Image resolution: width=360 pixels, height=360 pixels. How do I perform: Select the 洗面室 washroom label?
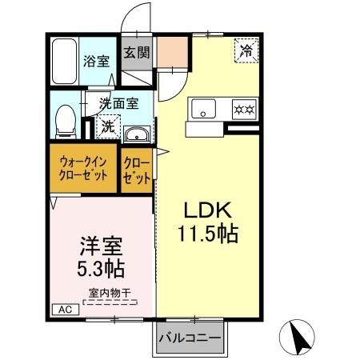point(118,102)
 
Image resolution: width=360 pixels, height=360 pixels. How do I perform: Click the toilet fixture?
point(65,121)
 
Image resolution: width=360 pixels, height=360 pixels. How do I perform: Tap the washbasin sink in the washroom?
point(137,134)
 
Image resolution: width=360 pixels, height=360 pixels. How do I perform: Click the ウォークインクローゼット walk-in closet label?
point(83,169)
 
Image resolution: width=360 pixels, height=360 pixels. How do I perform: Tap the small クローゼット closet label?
point(137,169)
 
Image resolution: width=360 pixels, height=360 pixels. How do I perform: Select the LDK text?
point(208,211)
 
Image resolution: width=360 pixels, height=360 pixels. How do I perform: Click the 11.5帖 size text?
point(208,235)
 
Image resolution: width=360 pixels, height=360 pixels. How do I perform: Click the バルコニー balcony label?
point(190,338)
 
